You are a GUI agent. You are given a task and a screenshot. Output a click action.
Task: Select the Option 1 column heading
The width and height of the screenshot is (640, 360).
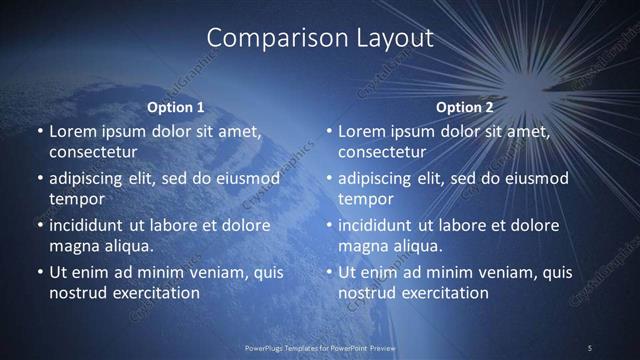click(x=175, y=107)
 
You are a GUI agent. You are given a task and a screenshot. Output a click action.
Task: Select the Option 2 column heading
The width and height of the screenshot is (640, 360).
click(x=464, y=107)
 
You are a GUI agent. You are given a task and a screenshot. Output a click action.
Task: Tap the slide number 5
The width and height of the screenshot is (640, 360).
click(x=590, y=347)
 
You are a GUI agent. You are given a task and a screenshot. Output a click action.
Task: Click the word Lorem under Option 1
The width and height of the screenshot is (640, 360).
click(x=72, y=131)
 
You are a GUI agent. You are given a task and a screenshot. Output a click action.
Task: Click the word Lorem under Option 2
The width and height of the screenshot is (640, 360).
click(x=361, y=131)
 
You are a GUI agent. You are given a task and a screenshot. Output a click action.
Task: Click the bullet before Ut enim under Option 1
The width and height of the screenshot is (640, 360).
click(x=38, y=272)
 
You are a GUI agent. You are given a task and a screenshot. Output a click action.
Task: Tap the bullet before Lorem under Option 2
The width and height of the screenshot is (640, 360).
click(x=327, y=131)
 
